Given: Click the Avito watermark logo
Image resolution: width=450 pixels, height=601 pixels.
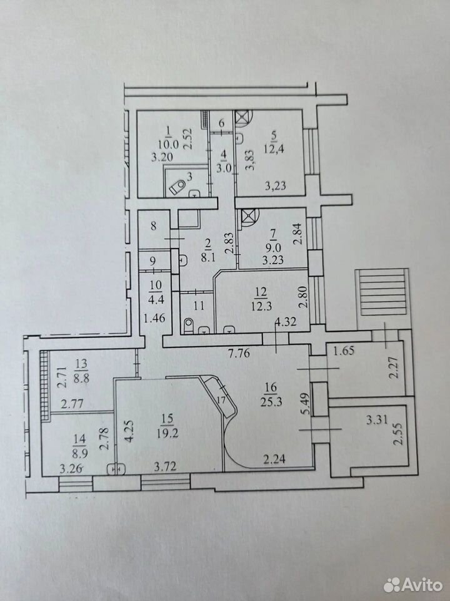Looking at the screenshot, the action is [413, 585].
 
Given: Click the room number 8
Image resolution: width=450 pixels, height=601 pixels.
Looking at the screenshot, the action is [153, 226].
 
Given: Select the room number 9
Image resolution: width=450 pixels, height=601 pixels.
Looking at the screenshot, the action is [152, 262].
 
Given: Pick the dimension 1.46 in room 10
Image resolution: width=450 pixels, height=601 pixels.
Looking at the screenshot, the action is [153, 318].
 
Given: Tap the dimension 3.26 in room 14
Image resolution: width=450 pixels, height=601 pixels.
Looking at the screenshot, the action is [72, 468].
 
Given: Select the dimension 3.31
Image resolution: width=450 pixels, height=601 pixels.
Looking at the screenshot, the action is [377, 421].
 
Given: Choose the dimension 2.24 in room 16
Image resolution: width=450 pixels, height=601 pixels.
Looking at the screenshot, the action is [274, 458].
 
